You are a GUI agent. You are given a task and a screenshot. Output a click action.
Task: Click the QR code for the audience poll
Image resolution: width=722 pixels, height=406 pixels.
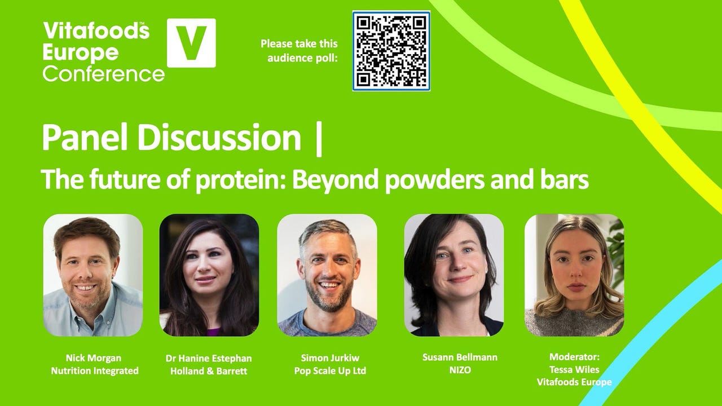coord(391,51)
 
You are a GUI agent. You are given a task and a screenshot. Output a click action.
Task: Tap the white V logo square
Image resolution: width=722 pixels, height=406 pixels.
coord(191,43)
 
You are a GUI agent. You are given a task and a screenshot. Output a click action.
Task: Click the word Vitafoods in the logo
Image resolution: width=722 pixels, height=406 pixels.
coord(96,30)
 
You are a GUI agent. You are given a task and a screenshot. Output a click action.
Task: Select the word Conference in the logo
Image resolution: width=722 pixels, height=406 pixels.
coord(103,73)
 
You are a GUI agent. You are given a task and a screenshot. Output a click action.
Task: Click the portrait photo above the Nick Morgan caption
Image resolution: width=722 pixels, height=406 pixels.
coord(93,275)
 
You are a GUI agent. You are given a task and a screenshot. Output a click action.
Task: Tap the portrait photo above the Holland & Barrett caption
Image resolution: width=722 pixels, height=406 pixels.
coord(209,275)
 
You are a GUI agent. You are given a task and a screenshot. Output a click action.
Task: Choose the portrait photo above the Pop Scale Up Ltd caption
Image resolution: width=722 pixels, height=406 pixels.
coord(327,275)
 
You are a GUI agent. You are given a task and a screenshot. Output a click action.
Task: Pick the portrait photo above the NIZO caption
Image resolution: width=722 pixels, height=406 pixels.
coord(454,275)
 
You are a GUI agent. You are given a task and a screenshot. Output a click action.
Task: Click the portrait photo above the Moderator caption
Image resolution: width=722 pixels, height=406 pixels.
coord(574,275)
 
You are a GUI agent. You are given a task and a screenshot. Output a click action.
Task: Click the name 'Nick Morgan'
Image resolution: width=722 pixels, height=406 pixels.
coord(94,358)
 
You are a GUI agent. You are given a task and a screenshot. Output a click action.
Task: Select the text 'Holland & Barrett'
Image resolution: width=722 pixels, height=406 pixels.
coord(209,370)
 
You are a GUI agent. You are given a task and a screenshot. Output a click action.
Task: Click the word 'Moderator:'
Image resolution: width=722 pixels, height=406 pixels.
coord(574,356)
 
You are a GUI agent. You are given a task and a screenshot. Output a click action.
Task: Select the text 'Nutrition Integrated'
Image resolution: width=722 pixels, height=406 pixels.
coord(95,370)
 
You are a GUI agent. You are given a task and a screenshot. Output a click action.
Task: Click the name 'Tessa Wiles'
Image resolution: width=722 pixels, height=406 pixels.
coord(574,369)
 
